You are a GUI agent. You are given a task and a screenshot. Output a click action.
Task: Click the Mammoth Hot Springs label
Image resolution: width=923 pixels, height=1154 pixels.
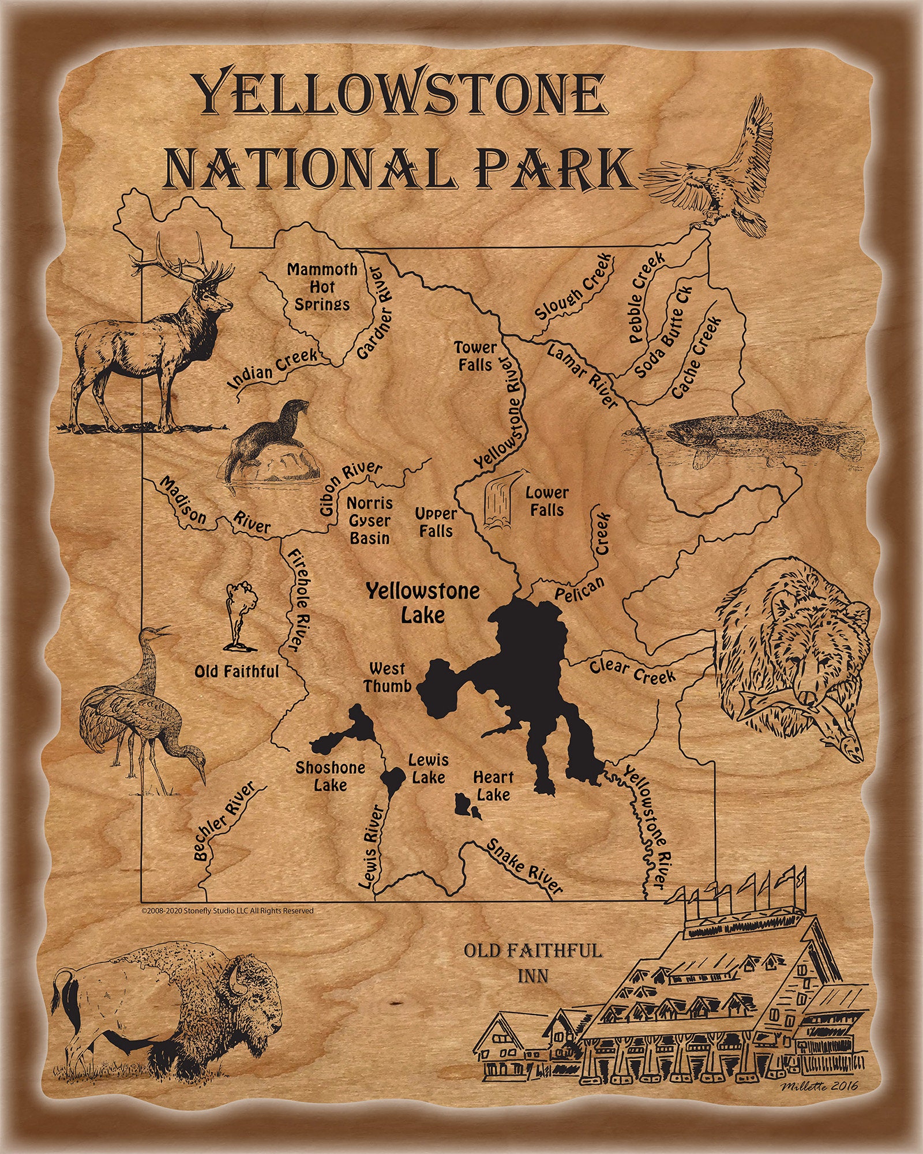(322, 287)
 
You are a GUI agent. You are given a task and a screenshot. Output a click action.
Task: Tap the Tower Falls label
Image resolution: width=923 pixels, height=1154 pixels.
(475, 356)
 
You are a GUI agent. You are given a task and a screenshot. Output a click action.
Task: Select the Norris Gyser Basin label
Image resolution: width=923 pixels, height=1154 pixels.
(370, 520)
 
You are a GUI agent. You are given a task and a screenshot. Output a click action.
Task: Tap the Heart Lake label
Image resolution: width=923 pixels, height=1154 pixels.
(493, 786)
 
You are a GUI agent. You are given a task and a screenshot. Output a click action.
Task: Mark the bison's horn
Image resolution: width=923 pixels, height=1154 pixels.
(234, 978)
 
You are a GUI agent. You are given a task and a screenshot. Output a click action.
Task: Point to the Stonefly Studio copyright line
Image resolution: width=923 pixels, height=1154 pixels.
(227, 911)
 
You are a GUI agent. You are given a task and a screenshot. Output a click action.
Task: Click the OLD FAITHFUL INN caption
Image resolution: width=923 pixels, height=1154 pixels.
(533, 962)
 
